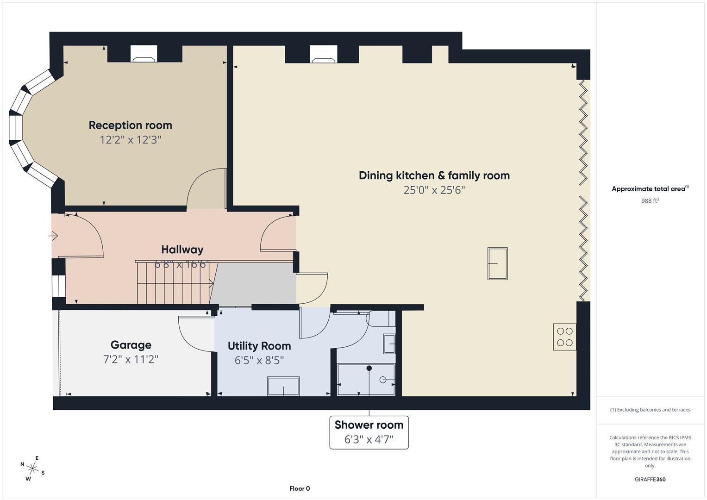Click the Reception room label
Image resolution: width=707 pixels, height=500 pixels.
(x=130, y=125)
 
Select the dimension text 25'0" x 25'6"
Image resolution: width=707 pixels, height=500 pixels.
(x=434, y=190)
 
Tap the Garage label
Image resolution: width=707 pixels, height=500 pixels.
(x=131, y=345)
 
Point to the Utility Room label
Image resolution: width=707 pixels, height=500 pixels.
(x=259, y=346)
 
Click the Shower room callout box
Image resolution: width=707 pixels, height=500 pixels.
(x=369, y=432)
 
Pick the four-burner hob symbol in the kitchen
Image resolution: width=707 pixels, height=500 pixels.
(x=565, y=337)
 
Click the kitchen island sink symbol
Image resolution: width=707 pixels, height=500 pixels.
(x=497, y=263)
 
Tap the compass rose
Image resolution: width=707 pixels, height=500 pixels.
(x=32, y=468)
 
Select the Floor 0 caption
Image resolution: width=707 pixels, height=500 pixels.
(x=300, y=488)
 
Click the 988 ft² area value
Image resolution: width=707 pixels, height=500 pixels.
(x=650, y=200)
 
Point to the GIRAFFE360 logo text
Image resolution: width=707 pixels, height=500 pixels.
(x=650, y=479)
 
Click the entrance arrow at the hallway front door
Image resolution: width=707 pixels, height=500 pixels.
(x=53, y=236)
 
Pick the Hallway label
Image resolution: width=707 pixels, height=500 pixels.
(x=182, y=250)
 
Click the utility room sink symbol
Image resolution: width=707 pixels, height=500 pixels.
(x=283, y=386)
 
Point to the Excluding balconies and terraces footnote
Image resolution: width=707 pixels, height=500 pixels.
(x=650, y=410)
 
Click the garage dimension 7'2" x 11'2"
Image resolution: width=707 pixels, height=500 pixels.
(x=131, y=359)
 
